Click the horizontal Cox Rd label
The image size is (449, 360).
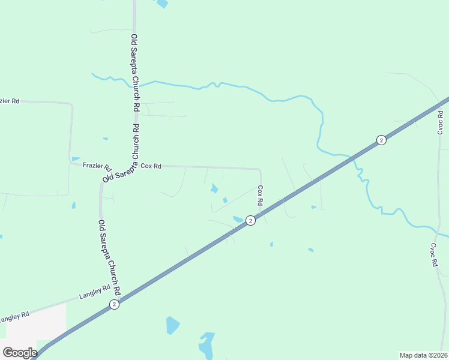pos(151,166)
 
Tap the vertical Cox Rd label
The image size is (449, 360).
pos(261,196)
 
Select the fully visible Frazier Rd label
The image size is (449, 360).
pos(97,166)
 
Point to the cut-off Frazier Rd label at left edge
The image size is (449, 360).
pos(10,101)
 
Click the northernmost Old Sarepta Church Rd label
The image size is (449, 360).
pos(135,73)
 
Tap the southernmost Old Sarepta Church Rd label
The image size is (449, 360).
pos(110,257)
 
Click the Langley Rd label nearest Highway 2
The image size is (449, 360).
pos(95,292)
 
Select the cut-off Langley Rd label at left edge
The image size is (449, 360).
pos(15,316)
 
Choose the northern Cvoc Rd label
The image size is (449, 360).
pos(440,122)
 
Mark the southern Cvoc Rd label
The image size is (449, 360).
pos(433,255)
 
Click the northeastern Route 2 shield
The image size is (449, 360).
pos(381,140)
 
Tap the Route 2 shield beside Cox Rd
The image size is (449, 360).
pos(251,221)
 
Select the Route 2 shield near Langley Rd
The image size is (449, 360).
pos(114,304)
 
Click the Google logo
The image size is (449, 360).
pos(20,352)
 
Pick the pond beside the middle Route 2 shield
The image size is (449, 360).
pos(238,219)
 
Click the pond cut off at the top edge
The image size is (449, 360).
pos(162,4)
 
